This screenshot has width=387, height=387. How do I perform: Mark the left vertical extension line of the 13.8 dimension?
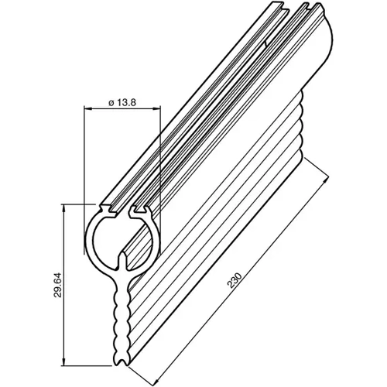tap(84, 155)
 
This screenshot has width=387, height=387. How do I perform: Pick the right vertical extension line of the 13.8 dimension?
tap(159, 155)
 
